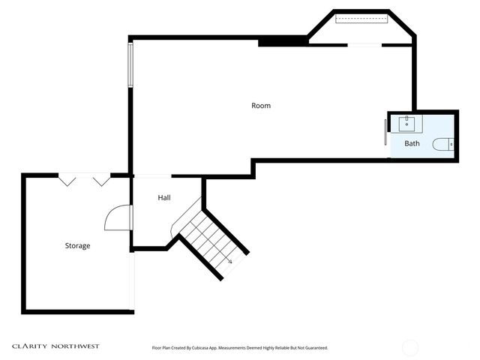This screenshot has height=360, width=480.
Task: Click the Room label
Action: click(x=260, y=106)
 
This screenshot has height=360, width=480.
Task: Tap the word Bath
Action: click(x=412, y=143)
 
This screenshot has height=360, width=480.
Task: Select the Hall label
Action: click(x=164, y=198)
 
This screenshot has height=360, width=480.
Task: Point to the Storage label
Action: click(x=77, y=245)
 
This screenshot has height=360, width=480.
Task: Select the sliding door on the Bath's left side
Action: click(x=386, y=132)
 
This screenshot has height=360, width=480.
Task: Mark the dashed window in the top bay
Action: click(x=360, y=19)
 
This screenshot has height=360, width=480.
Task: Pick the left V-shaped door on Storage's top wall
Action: click(x=67, y=180)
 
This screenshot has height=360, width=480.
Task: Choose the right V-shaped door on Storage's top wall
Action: click(x=100, y=180)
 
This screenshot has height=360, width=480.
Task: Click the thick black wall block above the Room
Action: click(x=282, y=42)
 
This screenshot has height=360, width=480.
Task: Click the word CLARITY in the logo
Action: click(x=31, y=346)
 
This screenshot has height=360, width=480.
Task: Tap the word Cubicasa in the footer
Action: click(x=201, y=348)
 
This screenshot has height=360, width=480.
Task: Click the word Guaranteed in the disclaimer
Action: click(x=314, y=348)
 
